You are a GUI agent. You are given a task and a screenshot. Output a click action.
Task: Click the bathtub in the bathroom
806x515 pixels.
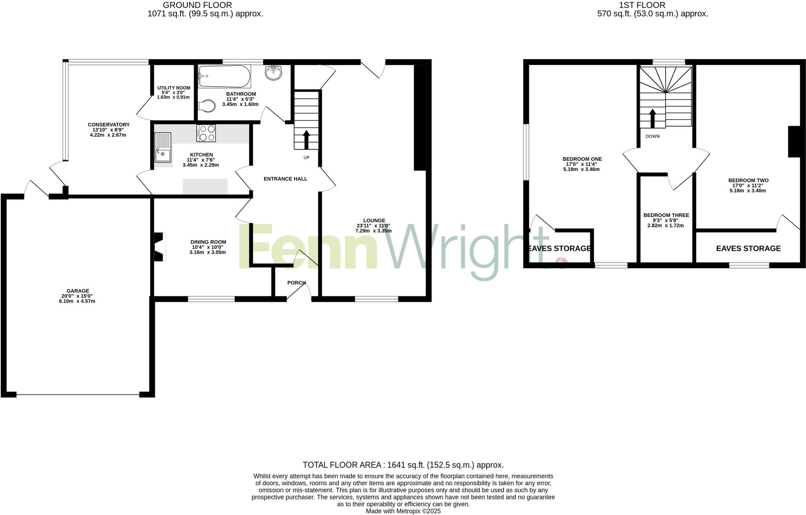tap(224, 76)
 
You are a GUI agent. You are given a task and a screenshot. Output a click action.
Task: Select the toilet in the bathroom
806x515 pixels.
tap(207, 106)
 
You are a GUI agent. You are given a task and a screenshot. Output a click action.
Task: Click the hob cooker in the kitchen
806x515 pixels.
tap(206, 133)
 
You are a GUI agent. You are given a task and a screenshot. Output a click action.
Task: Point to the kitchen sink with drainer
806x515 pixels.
tap(163, 148)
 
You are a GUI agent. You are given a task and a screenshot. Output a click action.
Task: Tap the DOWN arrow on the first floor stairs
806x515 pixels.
tap(653, 119)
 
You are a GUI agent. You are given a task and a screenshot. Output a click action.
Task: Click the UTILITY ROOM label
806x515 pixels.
tap(174, 88)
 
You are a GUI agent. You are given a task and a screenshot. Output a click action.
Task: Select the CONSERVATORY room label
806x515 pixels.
tap(109, 125)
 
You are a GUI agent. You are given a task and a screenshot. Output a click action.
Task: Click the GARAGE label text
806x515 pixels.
tap(78, 291)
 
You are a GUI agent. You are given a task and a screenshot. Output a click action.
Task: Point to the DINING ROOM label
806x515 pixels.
tap(208, 242)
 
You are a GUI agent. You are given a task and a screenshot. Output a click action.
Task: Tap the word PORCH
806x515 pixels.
tap(296, 283)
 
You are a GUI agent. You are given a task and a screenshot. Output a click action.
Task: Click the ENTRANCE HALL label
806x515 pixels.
tap(285, 179)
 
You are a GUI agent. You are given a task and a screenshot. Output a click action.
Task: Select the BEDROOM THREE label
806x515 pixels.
tap(666, 215)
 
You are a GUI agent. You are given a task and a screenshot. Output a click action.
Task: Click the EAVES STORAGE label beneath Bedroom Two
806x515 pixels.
tap(748, 248)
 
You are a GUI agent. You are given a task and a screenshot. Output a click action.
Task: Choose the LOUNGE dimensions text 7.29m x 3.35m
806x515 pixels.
tap(373, 231)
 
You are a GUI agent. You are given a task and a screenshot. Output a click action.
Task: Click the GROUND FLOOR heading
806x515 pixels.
tap(197, 5)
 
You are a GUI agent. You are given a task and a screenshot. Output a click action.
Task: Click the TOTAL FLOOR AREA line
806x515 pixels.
tap(403, 465)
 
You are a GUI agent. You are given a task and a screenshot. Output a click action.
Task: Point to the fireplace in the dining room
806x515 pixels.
tap(159, 247)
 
